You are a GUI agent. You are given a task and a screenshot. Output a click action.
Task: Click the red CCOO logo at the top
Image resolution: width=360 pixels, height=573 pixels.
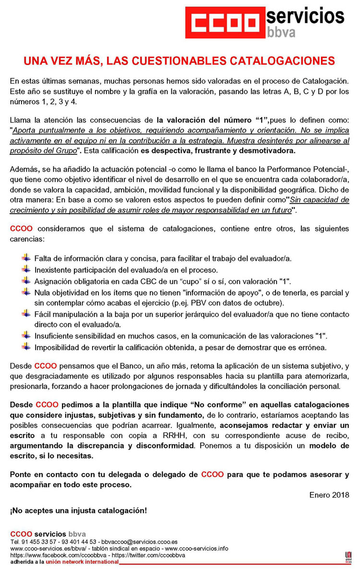[225, 23]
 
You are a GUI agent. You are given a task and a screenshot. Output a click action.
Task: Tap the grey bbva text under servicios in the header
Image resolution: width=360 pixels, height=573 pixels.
[281, 33]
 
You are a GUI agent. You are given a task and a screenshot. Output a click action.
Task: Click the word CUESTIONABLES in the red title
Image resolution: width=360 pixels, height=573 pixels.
[177, 61]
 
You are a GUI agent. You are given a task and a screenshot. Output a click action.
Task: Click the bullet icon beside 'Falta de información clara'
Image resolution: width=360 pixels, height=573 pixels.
[26, 258]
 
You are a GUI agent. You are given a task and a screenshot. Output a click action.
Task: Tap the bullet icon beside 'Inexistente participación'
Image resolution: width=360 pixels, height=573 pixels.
[26, 269]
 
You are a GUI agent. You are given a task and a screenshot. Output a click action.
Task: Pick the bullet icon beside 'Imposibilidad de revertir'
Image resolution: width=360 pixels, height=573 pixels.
[26, 346]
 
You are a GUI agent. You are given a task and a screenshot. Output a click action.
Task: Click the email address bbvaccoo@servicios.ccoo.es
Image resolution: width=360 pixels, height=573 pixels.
[144, 541]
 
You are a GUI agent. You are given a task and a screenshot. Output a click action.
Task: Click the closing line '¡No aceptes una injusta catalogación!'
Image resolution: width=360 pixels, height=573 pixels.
[79, 510]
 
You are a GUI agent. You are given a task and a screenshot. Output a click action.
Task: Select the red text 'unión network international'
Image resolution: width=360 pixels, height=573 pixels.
[82, 561]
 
